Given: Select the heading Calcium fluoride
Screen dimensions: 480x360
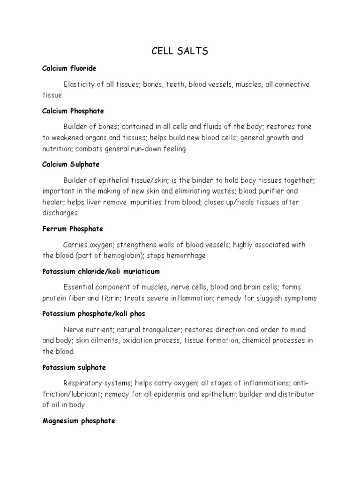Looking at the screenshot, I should [69, 68].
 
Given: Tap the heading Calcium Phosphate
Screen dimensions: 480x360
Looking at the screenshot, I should [73, 111].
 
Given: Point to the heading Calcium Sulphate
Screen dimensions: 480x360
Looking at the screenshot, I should [71, 165].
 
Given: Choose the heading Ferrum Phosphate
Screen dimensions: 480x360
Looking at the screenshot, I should [73, 229].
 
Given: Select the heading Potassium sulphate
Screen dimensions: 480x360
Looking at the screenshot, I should [74, 367].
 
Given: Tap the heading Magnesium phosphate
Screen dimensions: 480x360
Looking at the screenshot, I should [79, 421].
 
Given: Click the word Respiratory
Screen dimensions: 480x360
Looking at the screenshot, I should [81, 383].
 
